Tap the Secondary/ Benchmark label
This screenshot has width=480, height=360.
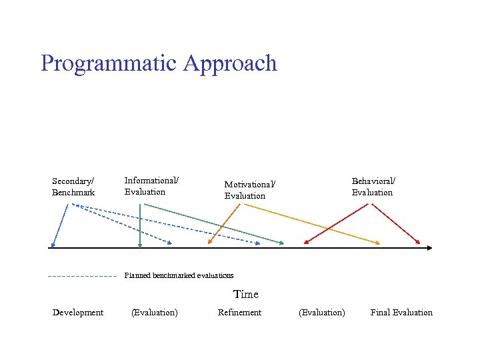pos(73,187)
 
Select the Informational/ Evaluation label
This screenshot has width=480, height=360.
pos(151,186)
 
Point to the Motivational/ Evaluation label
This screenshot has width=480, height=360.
pos(249,190)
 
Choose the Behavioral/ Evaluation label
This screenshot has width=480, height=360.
pos(373,187)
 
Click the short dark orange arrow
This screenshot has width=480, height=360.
pos(224,224)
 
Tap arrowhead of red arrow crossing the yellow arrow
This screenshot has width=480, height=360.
pos(307,242)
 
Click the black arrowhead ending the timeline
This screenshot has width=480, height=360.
pos(429,247)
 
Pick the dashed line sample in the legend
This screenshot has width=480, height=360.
pos(82,275)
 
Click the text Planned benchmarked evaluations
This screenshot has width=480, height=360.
pos(179,275)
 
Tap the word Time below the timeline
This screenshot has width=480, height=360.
pos(245,294)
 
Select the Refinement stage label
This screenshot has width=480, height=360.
pos(239,313)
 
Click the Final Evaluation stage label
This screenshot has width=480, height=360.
pos(401,313)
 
